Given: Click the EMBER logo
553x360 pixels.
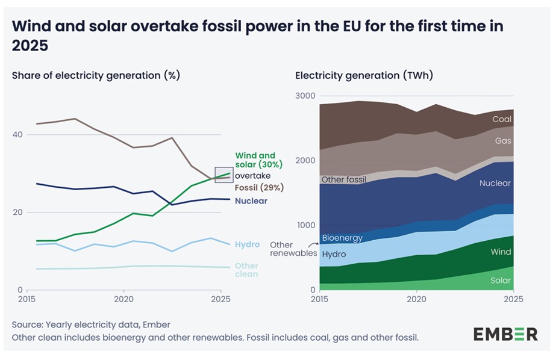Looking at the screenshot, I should (505, 334).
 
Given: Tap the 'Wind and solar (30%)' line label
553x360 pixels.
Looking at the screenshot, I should (255, 160).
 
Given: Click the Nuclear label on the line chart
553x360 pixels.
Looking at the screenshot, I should (251, 201).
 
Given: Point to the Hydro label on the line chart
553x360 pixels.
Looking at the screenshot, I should (248, 244).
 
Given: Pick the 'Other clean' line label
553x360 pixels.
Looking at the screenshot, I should (246, 270).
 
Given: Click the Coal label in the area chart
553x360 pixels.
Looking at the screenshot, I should (502, 119).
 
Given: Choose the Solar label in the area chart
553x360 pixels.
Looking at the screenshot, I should (501, 281).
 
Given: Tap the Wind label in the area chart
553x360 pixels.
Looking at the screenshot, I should (501, 252).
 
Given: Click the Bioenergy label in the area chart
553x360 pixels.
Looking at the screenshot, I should (342, 238).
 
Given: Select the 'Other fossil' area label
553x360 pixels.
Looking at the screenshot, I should (344, 179).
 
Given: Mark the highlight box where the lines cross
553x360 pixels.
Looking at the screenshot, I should (223, 175).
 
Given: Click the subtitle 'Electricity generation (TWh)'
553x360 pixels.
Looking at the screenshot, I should (364, 76).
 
